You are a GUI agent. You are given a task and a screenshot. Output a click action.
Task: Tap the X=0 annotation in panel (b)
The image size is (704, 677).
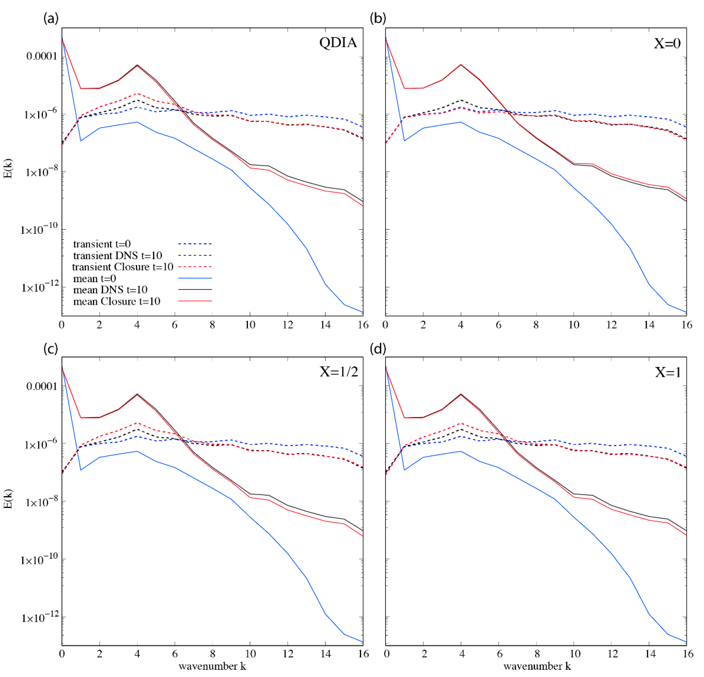click(667, 44)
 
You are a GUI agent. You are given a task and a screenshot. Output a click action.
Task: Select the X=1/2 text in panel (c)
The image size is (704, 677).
click(339, 372)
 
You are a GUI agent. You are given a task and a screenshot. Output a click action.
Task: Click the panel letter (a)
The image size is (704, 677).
click(51, 18)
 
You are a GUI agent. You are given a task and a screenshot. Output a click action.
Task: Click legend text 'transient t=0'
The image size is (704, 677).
click(102, 244)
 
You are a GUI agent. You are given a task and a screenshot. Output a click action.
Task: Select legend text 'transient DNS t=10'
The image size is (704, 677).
click(117, 256)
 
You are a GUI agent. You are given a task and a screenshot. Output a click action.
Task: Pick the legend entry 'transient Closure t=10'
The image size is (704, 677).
click(122, 267)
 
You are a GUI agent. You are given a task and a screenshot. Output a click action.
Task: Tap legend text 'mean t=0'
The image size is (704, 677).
click(94, 279)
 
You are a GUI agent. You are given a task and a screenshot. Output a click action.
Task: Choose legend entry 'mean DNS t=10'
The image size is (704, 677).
click(110, 290)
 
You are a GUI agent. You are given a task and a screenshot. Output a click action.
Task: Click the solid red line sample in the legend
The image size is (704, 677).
click(195, 301)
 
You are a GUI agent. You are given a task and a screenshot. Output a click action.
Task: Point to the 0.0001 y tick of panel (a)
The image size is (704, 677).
click(41, 56)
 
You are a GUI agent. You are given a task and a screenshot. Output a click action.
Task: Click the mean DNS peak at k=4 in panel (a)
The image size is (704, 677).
click(137, 65)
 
